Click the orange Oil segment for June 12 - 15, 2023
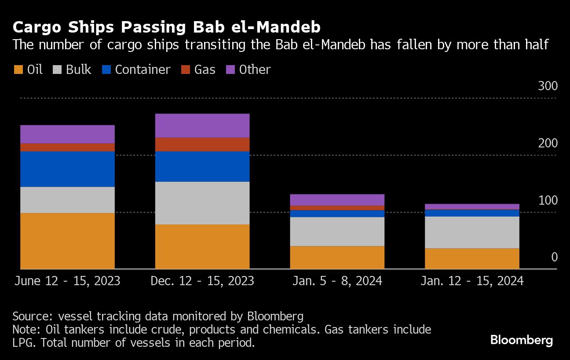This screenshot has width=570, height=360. (67, 241)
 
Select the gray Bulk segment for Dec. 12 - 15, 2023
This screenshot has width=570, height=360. (202, 203)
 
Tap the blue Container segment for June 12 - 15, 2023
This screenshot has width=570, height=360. (67, 169)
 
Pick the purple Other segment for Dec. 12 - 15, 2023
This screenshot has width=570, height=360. (202, 125)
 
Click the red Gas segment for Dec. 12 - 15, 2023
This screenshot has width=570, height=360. (202, 144)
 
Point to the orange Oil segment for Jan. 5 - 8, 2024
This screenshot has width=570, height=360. (337, 257)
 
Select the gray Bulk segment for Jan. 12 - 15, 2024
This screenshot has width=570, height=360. (472, 232)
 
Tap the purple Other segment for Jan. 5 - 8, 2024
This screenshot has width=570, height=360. (337, 200)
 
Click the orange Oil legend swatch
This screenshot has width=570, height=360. (18, 70)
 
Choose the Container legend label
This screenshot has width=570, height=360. (142, 70)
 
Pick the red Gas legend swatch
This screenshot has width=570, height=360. (186, 70)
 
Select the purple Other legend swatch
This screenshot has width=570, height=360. (230, 70)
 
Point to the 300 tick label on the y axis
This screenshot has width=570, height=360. (548, 86)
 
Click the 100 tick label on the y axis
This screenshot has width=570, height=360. (548, 200)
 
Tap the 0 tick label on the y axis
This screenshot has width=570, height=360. (554, 257)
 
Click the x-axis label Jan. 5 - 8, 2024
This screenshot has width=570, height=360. (337, 281)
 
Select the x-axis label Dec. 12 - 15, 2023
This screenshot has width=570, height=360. (202, 281)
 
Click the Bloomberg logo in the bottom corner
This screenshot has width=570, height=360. (521, 340)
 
